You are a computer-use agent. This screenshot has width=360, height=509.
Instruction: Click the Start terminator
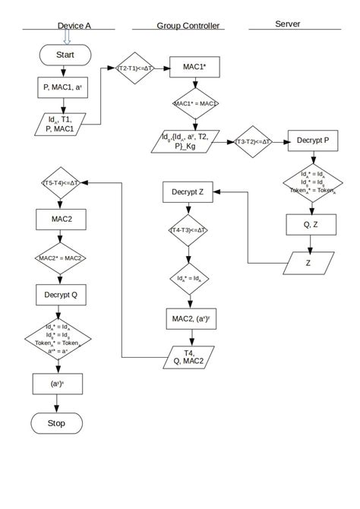click(65, 55)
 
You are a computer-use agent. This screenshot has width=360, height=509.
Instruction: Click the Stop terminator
click(56, 422)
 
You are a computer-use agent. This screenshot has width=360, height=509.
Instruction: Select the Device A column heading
click(74, 26)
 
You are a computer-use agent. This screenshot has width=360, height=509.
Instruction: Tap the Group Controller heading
click(188, 26)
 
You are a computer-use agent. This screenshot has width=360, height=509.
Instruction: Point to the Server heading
click(287, 24)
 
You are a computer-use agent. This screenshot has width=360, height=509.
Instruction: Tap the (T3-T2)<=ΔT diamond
click(253, 141)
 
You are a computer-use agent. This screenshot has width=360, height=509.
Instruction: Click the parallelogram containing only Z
click(308, 262)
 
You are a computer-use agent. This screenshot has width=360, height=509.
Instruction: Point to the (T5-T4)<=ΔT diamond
click(63, 183)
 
